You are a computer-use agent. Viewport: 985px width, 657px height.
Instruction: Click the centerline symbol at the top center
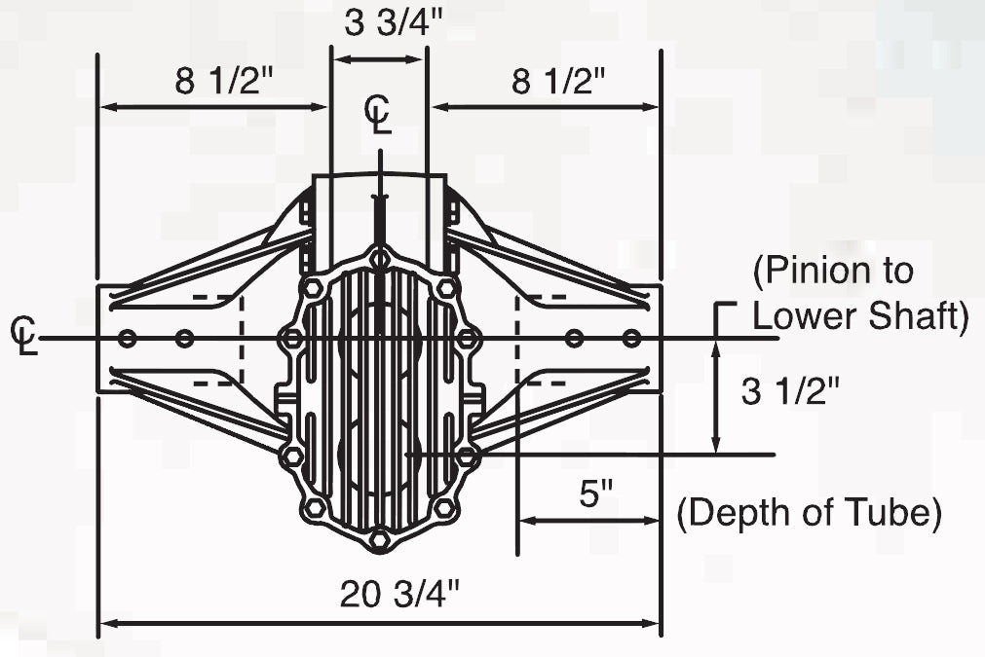click(379, 114)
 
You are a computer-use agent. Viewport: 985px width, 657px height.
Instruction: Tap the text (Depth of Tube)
click(809, 512)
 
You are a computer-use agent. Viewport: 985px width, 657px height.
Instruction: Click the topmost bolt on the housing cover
click(380, 258)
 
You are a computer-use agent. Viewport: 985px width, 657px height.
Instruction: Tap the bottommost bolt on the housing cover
click(380, 539)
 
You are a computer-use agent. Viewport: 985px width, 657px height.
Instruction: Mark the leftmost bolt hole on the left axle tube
click(126, 339)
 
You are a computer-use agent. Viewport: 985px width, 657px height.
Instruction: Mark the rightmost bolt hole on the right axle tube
click(632, 339)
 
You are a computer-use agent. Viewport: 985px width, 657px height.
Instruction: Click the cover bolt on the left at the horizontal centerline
click(290, 339)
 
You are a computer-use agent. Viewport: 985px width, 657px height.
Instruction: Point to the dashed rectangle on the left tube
click(218, 339)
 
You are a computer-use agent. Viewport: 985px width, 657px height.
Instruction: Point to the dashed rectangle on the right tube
click(541, 339)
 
